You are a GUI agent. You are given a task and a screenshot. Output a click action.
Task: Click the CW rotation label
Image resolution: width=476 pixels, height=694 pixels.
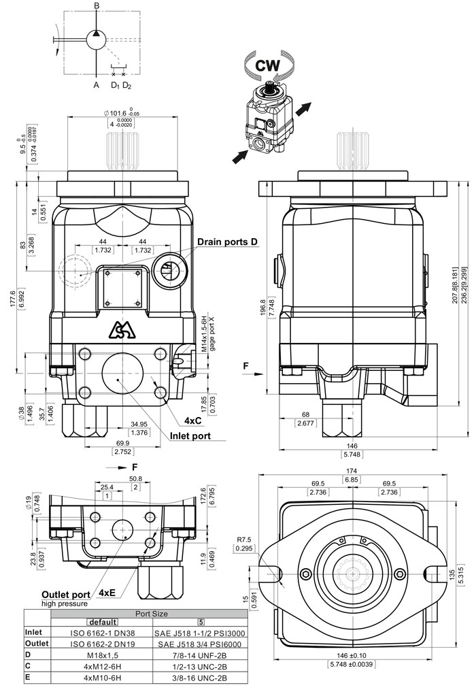pyautogui.click(x=267, y=67)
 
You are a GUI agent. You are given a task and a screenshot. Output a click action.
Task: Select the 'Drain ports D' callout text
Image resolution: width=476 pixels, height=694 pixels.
pyautogui.click(x=228, y=242)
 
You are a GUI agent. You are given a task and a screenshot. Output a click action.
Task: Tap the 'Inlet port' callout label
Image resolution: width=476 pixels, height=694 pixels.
pyautogui.click(x=190, y=435)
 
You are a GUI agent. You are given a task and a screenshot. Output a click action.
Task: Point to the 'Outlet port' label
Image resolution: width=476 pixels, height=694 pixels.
pyautogui.click(x=66, y=593)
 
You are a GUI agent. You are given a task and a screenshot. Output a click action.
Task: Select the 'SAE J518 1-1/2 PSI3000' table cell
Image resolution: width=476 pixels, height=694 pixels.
pyautogui.click(x=201, y=631)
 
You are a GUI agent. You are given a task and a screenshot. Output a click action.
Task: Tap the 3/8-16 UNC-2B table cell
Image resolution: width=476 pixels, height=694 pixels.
pyautogui.click(x=201, y=678)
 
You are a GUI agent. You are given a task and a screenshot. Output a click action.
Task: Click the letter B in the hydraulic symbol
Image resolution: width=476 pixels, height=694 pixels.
pyautogui.click(x=97, y=6)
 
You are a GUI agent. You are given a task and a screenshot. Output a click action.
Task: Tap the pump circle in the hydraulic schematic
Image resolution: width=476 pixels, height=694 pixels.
pyautogui.click(x=97, y=39)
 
